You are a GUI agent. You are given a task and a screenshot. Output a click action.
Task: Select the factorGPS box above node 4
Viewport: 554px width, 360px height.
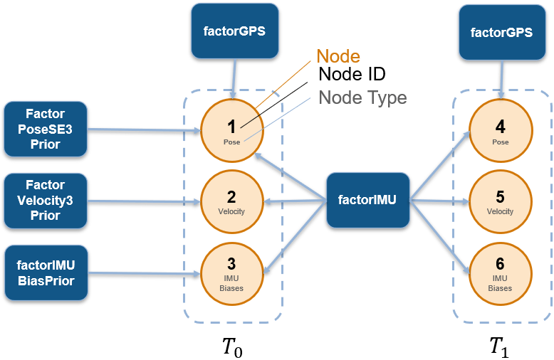pyautogui.click(x=501, y=32)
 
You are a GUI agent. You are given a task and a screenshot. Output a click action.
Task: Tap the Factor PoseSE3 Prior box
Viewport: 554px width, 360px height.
pyautogui.click(x=45, y=129)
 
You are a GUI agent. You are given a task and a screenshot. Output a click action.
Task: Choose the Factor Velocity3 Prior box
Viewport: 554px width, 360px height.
pyautogui.click(x=45, y=200)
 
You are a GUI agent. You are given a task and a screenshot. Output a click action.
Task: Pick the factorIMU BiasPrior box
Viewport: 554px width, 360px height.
pyautogui.click(x=45, y=272)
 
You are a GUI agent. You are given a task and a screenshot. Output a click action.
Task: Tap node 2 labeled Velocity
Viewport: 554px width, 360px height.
pyautogui.click(x=231, y=201)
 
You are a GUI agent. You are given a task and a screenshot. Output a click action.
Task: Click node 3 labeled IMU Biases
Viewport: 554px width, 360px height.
pyautogui.click(x=231, y=272)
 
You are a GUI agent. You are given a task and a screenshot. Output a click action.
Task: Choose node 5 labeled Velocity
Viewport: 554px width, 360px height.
pyautogui.click(x=500, y=201)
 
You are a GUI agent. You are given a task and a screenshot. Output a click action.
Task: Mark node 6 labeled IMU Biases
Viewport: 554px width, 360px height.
pyautogui.click(x=500, y=272)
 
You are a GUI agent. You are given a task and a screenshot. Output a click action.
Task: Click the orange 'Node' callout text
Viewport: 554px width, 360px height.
pyautogui.click(x=338, y=56)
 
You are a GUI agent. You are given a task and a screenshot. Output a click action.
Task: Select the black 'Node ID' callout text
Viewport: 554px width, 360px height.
pyautogui.click(x=352, y=75)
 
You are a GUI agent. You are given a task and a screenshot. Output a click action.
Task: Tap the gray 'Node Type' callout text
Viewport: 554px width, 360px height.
pyautogui.click(x=362, y=97)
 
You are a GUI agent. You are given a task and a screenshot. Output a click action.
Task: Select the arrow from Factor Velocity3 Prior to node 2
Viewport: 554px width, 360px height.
pyautogui.click(x=142, y=201)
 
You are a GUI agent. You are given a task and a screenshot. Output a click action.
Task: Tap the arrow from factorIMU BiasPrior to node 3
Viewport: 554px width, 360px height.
pyautogui.click(x=142, y=272)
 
